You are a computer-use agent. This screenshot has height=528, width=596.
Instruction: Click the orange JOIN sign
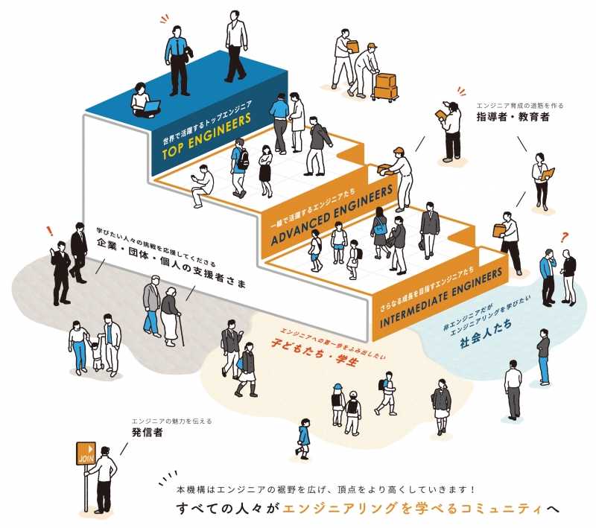click(86, 454)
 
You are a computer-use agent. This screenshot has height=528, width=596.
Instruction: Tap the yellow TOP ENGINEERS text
click(206, 136)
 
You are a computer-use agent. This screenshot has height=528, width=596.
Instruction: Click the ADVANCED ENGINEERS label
click(332, 215)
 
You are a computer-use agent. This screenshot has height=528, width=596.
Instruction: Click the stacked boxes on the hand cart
click(385, 86)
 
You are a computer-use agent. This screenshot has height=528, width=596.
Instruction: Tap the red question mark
click(564, 238)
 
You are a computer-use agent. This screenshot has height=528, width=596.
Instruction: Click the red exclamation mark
click(49, 231)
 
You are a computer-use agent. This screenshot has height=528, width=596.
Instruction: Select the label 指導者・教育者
click(513, 117)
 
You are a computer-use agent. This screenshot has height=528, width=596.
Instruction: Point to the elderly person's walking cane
click(181, 330)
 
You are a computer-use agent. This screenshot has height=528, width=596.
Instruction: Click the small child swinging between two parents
click(98, 355)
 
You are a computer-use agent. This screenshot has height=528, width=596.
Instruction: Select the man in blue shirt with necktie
click(178, 61)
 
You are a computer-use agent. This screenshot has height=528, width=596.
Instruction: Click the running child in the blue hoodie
click(303, 438)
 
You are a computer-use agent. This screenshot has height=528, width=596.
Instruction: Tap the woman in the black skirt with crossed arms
click(266, 171)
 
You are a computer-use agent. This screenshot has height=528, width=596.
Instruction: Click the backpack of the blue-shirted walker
click(243, 159)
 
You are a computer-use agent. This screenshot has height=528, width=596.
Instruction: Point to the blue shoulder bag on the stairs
click(380, 229)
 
